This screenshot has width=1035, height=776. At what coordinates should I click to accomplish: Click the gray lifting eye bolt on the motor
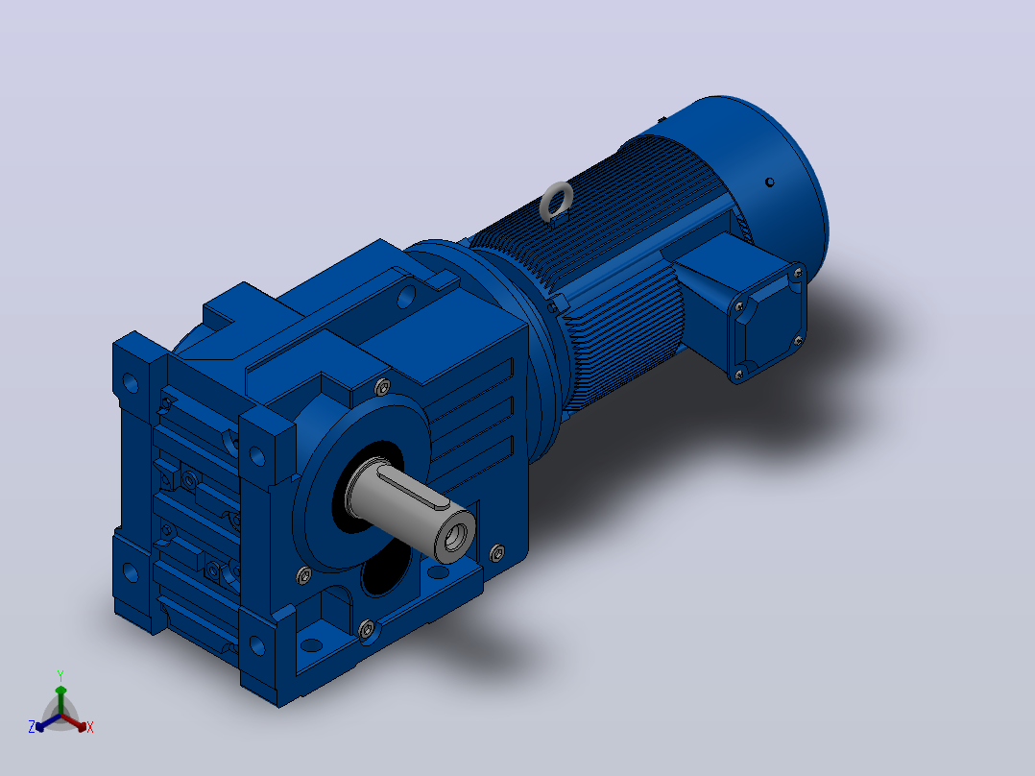[x=556, y=202]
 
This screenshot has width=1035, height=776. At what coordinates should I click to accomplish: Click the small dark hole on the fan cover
[x=769, y=182]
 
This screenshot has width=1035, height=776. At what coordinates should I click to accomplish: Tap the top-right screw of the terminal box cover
[x=798, y=272]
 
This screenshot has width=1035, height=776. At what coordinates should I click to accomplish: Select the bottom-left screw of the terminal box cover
[x=738, y=376]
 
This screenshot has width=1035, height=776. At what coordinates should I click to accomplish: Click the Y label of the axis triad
[x=60, y=676]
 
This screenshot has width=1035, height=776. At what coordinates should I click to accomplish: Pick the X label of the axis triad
[x=90, y=727]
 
